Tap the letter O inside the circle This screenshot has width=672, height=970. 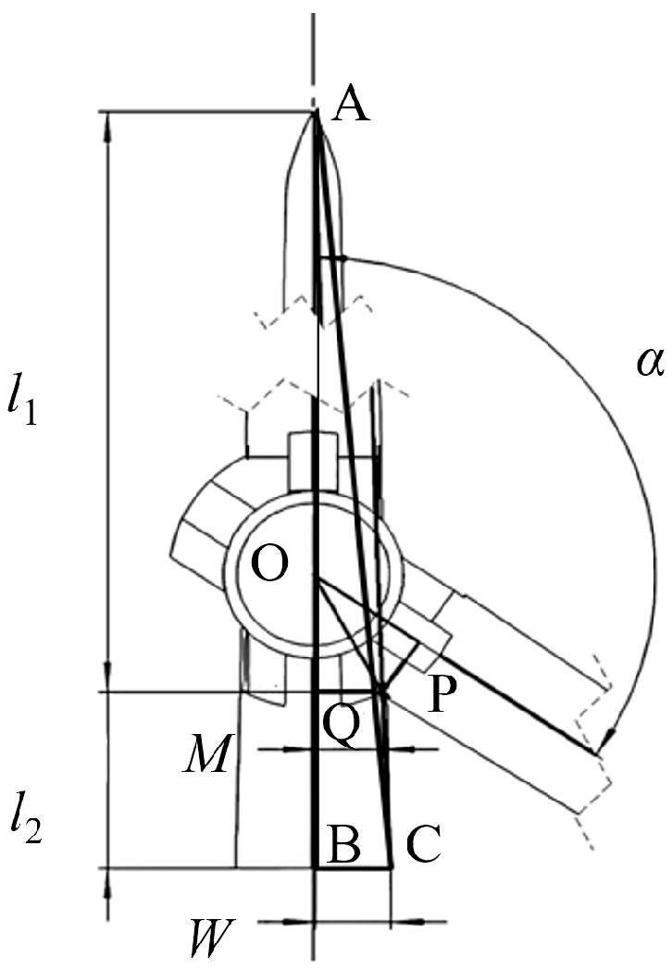(x=270, y=564)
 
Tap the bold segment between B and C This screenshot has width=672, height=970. (x=354, y=867)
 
